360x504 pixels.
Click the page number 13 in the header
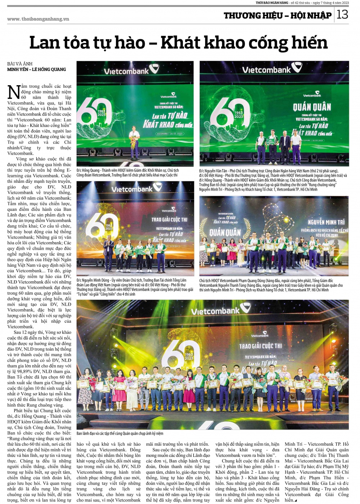tap(342, 14)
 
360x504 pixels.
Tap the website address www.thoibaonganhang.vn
tap(38, 19)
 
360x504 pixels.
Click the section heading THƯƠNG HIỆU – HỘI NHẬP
tap(277, 15)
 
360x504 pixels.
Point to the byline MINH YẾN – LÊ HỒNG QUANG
tap(37, 69)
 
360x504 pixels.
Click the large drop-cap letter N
tap(14, 92)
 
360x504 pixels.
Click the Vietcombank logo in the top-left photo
tap(132, 71)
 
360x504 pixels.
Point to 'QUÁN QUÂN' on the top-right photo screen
tap(312, 107)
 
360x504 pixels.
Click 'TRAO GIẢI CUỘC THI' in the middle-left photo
tap(169, 219)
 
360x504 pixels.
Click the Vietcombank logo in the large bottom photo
tap(221, 310)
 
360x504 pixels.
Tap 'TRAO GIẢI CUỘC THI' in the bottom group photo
tap(261, 346)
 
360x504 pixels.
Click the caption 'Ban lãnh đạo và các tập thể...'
tap(120, 433)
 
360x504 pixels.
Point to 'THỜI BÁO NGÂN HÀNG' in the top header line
tap(272, 3)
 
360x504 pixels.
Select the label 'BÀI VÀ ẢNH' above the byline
tap(20, 64)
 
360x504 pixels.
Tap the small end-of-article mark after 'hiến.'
tap(296, 500)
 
